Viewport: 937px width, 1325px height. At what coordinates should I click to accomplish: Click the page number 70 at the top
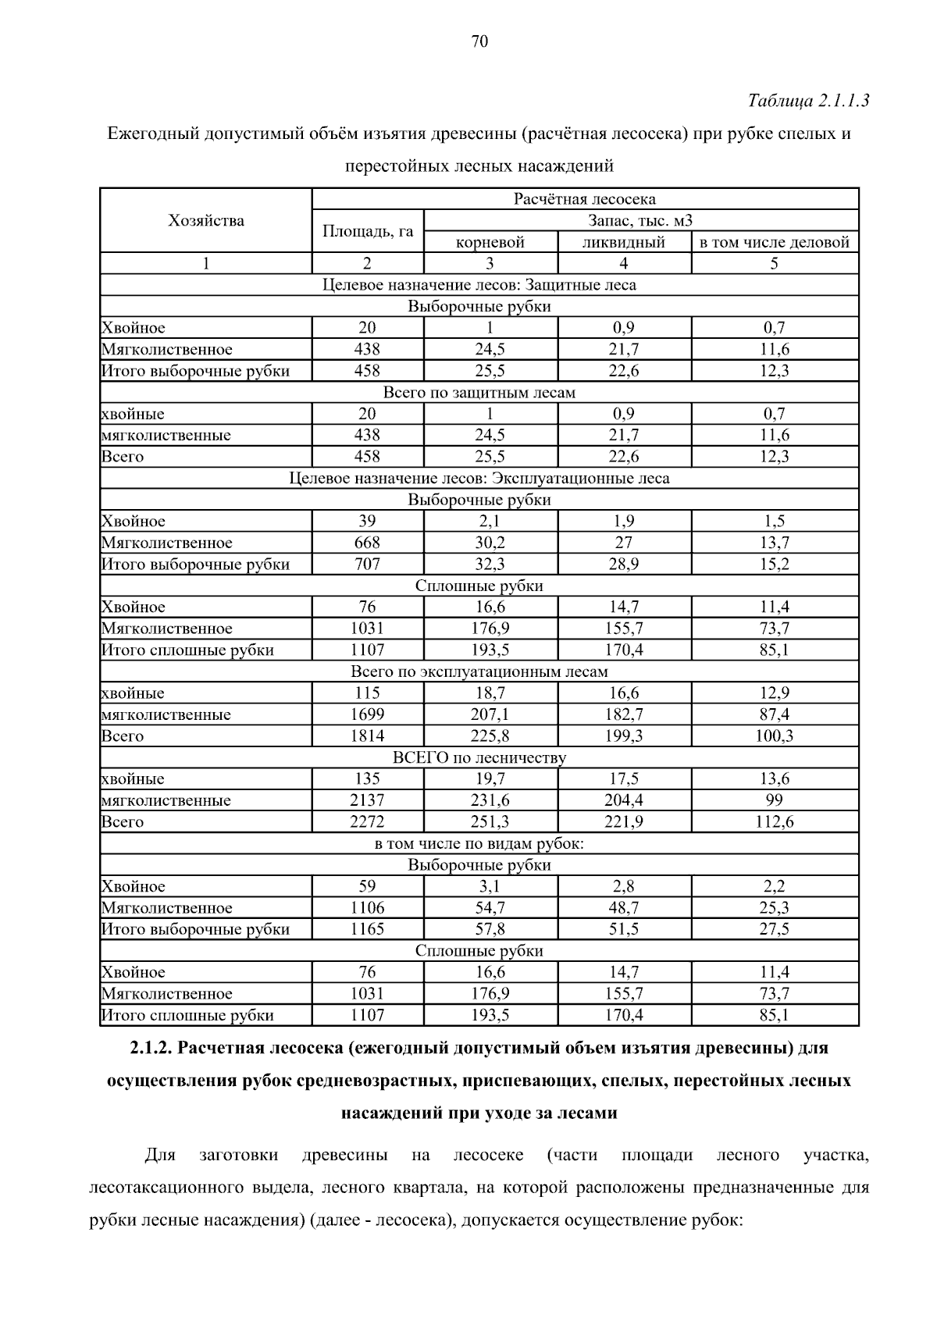coord(479,41)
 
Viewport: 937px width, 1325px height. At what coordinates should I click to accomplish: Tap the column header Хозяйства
coord(206,220)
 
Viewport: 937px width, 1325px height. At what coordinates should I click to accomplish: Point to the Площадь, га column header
coord(368,231)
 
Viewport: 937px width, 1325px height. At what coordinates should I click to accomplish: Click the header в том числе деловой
coord(775,242)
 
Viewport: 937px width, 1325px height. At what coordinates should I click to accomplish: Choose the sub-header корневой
coord(490,242)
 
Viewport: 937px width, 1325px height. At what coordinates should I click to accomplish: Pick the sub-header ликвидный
coord(624,242)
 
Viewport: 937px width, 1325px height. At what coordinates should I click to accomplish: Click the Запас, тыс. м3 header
coord(640,220)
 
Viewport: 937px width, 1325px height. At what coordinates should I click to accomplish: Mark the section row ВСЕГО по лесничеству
coord(479,757)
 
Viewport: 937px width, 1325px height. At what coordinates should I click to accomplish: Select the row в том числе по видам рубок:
coord(479,843)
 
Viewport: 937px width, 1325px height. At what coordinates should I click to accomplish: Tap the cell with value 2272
coord(367,821)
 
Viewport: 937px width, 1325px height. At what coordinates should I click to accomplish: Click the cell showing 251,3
coord(490,821)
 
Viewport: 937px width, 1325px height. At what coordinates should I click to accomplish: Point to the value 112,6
coord(775,821)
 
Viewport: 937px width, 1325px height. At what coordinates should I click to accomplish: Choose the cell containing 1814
coord(367,736)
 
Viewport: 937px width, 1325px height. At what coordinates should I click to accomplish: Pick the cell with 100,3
coord(775,736)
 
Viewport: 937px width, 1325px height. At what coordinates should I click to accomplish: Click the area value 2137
coord(367,800)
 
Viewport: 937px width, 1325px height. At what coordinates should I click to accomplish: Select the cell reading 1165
coord(367,929)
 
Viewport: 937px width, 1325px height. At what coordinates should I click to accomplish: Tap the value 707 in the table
coord(367,564)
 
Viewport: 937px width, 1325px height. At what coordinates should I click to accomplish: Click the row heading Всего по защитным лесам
coord(479,393)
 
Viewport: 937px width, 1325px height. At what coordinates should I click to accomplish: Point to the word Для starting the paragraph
coord(160,1155)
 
